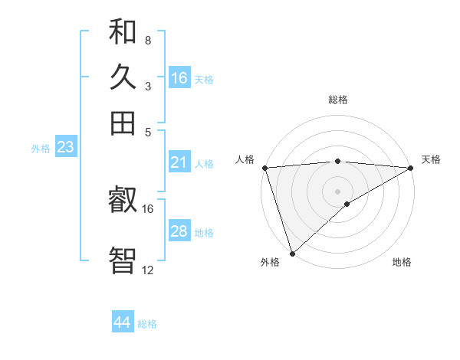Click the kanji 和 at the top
point(123,32)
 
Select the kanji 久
point(123,77)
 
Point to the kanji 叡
point(123,201)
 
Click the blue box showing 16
point(179,78)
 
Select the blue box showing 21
point(179,162)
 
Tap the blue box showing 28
point(179,231)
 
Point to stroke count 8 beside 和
point(147,40)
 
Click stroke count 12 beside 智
point(147,270)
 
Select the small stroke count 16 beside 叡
point(147,208)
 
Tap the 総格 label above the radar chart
point(338,100)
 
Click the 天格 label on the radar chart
point(431,159)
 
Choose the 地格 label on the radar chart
point(402,263)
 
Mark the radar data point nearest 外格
point(292,254)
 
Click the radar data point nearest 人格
point(264,168)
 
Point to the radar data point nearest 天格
point(411,168)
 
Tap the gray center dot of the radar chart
point(338,191)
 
